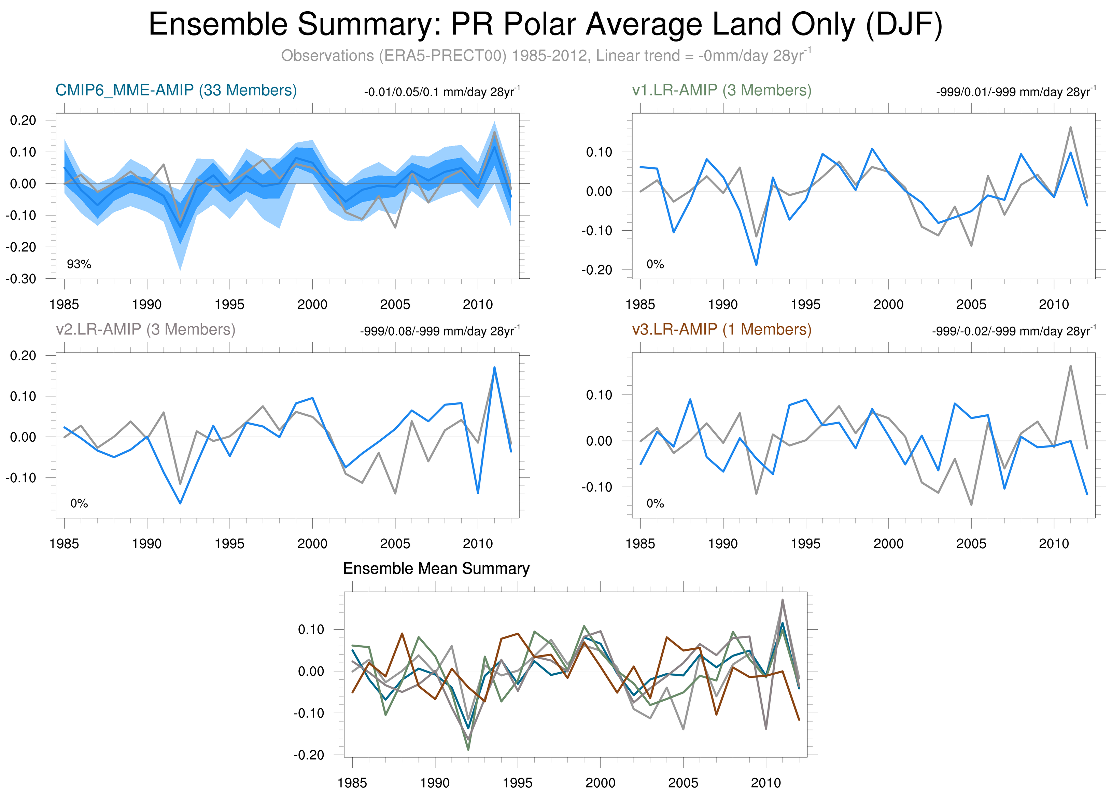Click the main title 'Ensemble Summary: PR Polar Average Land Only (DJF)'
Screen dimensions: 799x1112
pos(545,25)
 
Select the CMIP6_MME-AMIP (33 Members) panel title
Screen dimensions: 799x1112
pos(176,90)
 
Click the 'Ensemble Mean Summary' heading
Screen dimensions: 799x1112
pos(436,568)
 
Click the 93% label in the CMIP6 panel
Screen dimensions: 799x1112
pos(79,264)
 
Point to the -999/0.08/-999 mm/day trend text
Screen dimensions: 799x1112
pos(440,331)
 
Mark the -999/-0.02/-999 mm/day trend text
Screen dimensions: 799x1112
pos(1013,331)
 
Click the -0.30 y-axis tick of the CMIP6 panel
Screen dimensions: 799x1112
pos(21,279)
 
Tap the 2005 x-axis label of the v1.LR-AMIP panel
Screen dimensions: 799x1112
pos(971,305)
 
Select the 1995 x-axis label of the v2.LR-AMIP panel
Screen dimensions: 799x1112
pos(229,543)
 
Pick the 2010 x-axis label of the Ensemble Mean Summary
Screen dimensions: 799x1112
pos(765,783)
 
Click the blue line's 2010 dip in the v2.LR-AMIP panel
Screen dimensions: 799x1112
pos(478,493)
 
